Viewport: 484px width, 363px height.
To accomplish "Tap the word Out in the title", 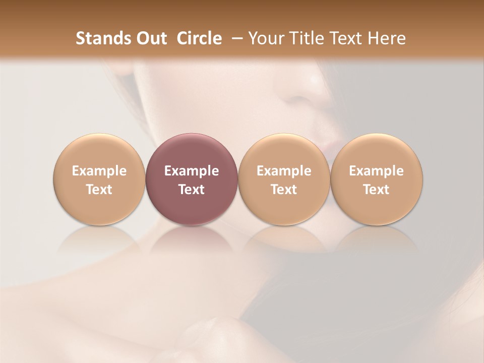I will click(151, 38).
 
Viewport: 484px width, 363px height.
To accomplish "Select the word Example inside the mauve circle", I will click(192, 171).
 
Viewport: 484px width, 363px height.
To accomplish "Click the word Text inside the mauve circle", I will click(192, 190).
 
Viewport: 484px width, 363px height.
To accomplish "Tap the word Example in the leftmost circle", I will click(99, 171).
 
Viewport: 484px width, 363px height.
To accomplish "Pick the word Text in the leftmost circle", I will click(99, 190).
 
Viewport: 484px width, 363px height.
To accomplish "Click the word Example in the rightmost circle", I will click(377, 171).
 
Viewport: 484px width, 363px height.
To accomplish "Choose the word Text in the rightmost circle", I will click(377, 190).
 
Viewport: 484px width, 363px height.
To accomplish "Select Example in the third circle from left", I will click(284, 171).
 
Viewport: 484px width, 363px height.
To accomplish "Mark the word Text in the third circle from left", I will click(284, 190).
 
